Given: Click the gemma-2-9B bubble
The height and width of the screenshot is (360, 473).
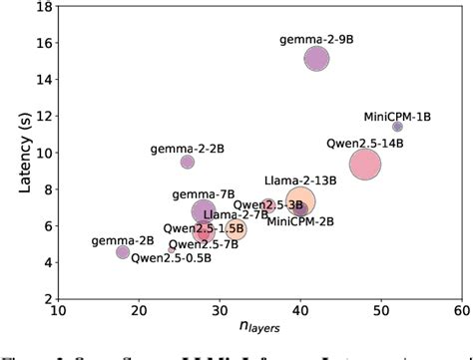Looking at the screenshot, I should point(316,59).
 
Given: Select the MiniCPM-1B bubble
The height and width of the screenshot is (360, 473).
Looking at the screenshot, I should point(397,127).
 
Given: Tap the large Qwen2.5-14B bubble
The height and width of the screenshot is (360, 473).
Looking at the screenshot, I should point(365,164).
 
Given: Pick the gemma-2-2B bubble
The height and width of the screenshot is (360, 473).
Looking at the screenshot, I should point(188,162).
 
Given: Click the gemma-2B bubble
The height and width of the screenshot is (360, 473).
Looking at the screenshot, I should point(123,252).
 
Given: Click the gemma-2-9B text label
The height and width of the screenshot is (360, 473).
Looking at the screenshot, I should point(312,39).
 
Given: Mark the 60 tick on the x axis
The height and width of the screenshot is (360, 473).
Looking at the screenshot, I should point(462,310).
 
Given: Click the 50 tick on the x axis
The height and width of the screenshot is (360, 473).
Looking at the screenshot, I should point(381,310).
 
